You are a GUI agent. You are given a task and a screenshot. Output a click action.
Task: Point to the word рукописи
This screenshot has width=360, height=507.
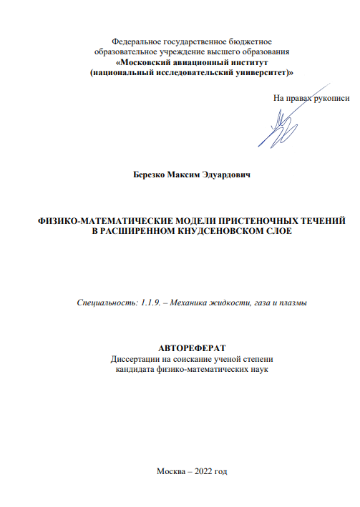(331, 97)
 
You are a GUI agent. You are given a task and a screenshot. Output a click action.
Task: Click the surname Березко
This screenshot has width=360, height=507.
(150, 174)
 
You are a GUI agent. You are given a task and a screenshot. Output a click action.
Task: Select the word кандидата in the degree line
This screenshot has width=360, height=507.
(137, 369)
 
